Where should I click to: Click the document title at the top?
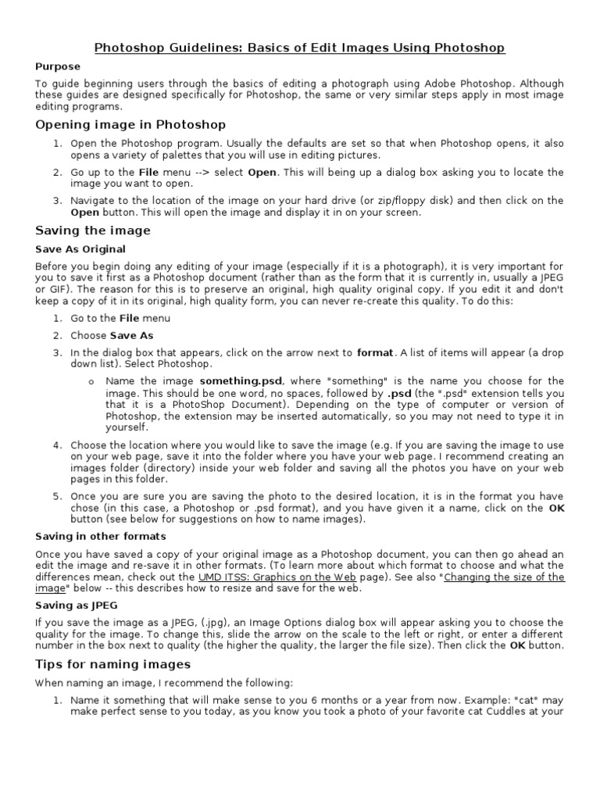coord(300,48)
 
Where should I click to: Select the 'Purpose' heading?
coord(59,67)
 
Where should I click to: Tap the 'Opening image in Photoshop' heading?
coord(130,124)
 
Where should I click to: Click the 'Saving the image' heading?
coord(93,230)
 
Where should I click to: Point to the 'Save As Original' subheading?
coord(80,249)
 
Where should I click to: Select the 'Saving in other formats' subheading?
coord(101,537)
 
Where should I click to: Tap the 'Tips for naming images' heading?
coord(113,664)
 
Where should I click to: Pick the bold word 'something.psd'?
coord(241,381)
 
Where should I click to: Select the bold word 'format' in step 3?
coord(375,352)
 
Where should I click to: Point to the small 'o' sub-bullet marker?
coord(91,382)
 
